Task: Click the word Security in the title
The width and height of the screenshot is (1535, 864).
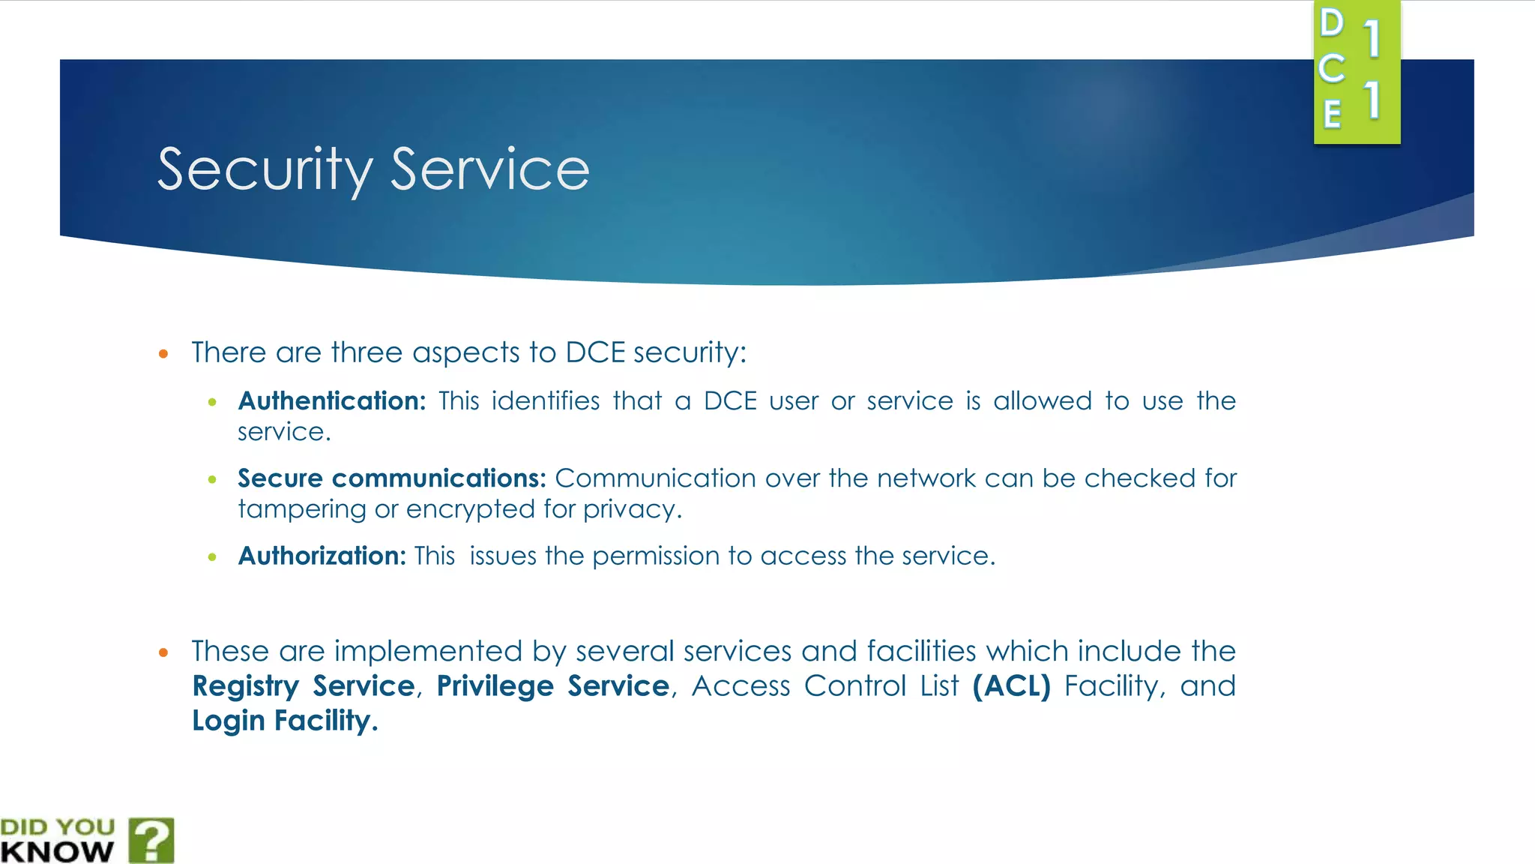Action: tap(265, 170)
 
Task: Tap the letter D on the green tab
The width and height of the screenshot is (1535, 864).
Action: tap(1332, 23)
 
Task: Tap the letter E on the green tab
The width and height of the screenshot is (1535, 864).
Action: tap(1332, 115)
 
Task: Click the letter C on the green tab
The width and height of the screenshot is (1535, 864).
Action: tap(1332, 69)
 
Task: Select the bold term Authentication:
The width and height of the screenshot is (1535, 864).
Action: tap(331, 401)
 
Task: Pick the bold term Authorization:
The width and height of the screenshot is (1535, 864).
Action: tap(322, 556)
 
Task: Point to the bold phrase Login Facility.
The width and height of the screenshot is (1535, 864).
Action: tap(284, 721)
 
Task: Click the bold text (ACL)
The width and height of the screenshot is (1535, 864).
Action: tap(1011, 686)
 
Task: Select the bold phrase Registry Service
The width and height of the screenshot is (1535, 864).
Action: tap(304, 686)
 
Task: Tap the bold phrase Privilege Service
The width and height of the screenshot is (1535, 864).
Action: tap(552, 686)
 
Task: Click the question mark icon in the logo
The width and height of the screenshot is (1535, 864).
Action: tap(152, 840)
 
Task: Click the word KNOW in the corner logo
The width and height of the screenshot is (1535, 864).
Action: tap(57, 852)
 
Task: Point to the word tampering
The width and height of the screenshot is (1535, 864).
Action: tap(302, 510)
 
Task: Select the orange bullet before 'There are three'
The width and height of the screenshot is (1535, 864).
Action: tap(163, 353)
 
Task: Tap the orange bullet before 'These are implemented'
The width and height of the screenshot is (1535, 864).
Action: tap(163, 652)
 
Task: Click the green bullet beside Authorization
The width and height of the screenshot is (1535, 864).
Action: tap(213, 556)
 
